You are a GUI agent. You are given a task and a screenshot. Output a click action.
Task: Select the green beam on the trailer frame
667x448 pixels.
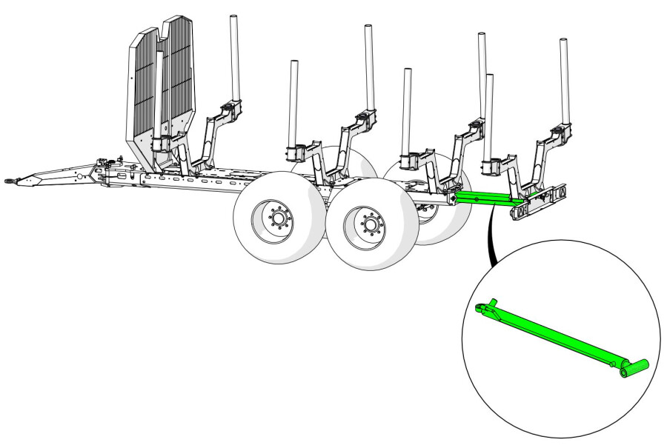[x=485, y=198]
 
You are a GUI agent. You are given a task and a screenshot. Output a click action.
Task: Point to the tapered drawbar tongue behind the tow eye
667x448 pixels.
[x=52, y=175]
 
